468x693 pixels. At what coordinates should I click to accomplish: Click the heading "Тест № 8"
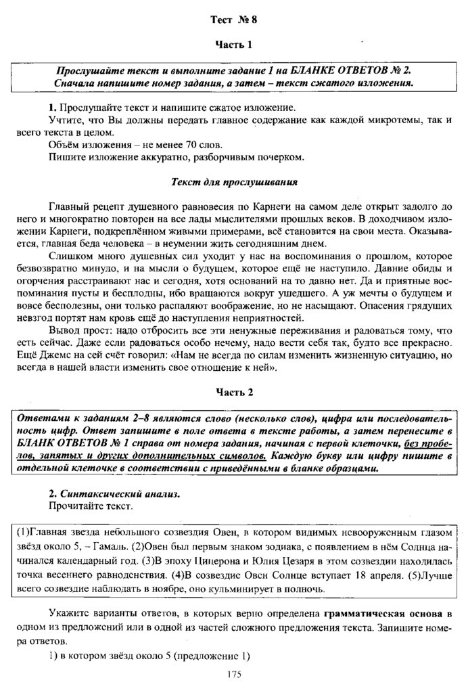point(233,20)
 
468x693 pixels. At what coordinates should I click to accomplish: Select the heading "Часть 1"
point(233,45)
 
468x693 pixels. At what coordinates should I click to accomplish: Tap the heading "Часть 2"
point(233,392)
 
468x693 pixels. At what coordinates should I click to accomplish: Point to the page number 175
point(234,674)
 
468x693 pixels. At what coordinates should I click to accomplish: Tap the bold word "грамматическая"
point(365,614)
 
